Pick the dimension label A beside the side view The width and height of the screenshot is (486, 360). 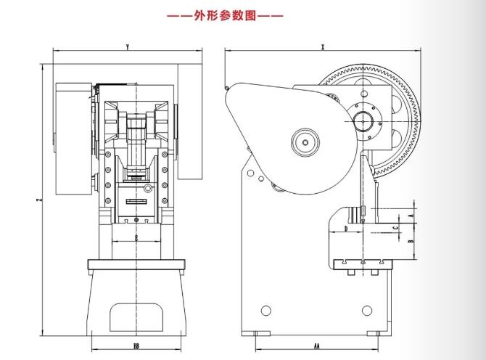point(411,216)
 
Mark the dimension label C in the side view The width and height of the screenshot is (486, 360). point(395,227)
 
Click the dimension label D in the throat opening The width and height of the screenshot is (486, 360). point(346,228)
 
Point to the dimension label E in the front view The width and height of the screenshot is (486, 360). point(136,237)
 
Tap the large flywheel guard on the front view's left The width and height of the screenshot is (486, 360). point(73,138)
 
